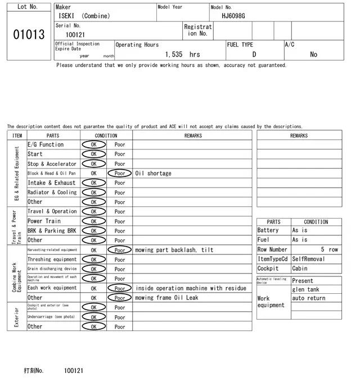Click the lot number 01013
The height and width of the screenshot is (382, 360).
click(29, 35)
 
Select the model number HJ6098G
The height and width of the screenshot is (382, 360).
click(233, 16)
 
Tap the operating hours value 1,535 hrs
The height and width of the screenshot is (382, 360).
click(182, 54)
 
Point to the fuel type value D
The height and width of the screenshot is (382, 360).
click(254, 54)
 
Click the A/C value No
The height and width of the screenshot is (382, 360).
click(313, 54)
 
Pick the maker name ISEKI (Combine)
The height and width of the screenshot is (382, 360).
click(84, 16)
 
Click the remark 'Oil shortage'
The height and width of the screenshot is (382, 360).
click(153, 174)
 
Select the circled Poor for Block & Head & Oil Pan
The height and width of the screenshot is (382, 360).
click(120, 174)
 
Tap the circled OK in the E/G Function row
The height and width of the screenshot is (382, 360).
click(94, 145)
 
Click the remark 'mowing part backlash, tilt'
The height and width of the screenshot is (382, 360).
click(174, 250)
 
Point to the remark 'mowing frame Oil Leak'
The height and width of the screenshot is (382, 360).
click(166, 298)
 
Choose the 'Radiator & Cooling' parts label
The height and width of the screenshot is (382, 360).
click(52, 193)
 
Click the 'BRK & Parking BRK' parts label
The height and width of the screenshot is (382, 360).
click(52, 231)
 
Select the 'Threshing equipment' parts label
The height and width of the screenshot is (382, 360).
click(52, 260)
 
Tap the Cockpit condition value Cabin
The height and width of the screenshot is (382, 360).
click(300, 269)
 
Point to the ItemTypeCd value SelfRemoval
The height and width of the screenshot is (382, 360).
click(308, 259)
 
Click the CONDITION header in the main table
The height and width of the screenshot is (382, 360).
click(106, 135)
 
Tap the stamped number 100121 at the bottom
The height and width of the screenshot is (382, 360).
click(74, 371)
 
